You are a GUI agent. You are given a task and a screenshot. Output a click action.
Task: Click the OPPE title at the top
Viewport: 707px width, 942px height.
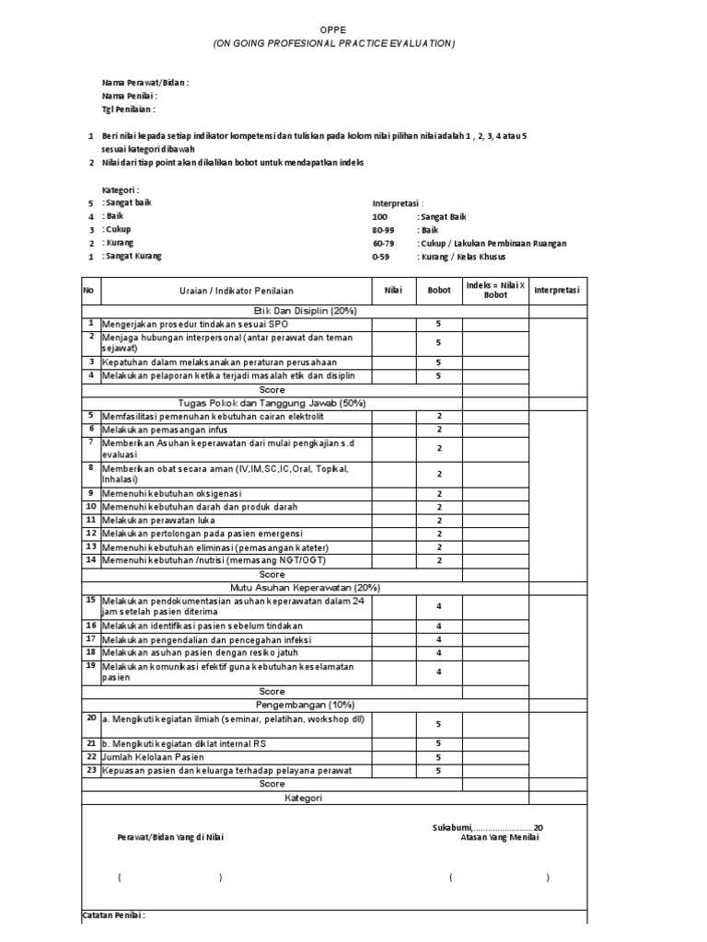point(334,29)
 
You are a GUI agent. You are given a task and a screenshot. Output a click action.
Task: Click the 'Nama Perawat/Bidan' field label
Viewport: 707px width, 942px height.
point(145,83)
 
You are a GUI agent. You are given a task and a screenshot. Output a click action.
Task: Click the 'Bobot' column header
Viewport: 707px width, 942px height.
point(439,291)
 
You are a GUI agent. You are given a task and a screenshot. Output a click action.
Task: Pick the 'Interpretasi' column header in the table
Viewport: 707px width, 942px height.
point(557,291)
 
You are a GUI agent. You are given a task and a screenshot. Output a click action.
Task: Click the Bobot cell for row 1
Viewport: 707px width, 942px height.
point(439,324)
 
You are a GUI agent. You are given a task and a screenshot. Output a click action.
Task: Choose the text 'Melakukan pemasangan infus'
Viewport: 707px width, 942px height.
point(165,430)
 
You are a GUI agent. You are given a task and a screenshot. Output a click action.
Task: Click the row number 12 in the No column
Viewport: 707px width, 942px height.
point(91,533)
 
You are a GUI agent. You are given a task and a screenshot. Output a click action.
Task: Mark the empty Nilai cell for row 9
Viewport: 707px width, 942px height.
point(393,494)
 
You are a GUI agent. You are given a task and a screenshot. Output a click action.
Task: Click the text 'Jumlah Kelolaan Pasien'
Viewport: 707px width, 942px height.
point(153,756)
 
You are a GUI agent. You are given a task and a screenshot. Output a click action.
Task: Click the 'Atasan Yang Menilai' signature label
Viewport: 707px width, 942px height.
point(500,837)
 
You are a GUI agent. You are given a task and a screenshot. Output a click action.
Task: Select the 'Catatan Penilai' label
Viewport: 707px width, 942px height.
point(114,916)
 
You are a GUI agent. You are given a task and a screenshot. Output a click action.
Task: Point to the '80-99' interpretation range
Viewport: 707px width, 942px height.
point(382,229)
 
